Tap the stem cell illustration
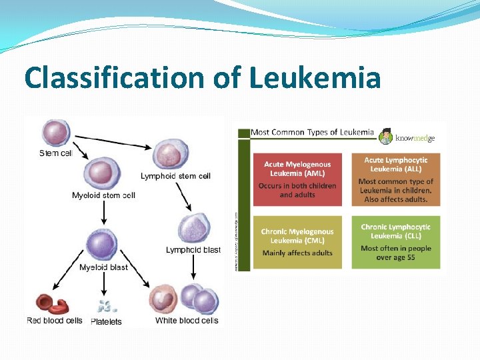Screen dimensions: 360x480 56,133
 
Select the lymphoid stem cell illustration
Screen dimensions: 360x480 171,155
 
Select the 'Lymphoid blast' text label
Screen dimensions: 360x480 193,250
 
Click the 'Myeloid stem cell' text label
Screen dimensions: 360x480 103,195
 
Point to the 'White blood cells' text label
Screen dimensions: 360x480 187,321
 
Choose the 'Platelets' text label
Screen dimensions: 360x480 106,321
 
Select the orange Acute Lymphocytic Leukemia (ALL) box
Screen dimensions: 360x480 396,179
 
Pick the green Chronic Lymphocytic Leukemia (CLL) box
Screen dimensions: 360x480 396,242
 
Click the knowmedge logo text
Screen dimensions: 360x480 415,138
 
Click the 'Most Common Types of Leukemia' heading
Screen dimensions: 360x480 312,132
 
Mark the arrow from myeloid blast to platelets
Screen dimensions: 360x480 104,283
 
